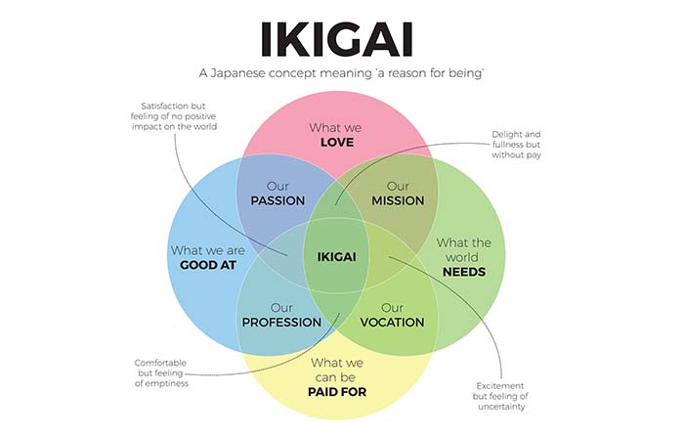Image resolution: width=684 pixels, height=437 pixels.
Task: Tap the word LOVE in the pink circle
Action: (336, 143)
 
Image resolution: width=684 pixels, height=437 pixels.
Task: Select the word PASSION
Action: (278, 200)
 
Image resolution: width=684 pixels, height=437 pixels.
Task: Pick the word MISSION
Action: (398, 200)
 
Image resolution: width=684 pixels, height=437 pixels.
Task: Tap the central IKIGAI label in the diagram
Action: (336, 257)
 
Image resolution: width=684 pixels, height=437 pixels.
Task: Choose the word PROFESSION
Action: (281, 322)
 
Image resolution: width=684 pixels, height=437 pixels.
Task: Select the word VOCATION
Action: (392, 322)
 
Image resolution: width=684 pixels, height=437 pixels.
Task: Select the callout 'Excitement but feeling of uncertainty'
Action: (501, 395)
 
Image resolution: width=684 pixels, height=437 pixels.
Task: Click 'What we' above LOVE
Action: (336, 127)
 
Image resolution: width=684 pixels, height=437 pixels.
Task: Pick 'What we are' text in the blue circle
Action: (207, 250)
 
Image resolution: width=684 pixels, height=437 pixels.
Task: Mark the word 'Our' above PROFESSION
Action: (281, 307)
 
